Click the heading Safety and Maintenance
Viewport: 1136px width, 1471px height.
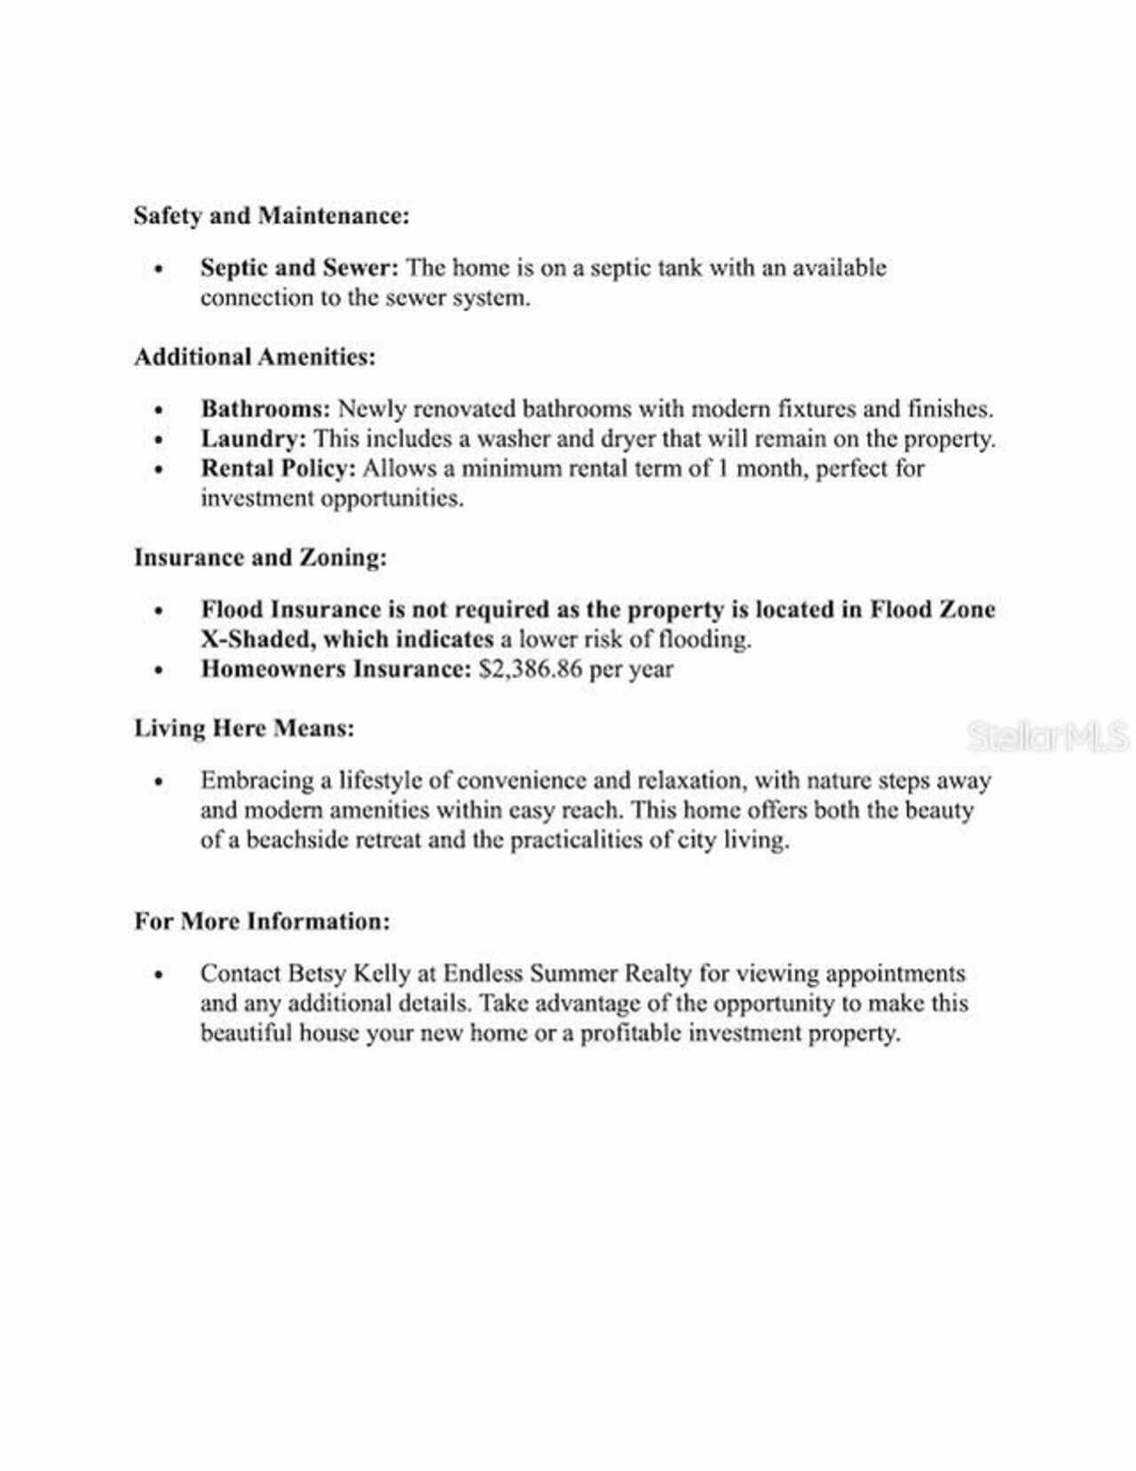[x=272, y=216]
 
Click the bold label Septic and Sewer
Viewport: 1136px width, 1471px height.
[x=299, y=268]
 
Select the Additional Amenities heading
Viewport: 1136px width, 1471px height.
[x=255, y=357]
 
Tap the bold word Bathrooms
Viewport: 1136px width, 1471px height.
[x=265, y=409]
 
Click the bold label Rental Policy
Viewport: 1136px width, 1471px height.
[x=277, y=468]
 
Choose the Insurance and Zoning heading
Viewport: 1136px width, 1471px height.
[x=260, y=557]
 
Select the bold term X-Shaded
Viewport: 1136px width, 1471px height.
[x=254, y=640]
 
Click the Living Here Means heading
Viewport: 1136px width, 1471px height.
[x=244, y=728]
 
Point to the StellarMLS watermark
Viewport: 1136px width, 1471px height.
[x=1047, y=736]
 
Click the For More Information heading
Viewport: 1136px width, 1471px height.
[x=262, y=921]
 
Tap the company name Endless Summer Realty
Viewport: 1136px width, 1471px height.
[x=566, y=973]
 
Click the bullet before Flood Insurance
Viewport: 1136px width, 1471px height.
[x=158, y=611]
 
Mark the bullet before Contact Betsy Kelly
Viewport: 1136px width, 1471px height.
[x=158, y=974]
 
